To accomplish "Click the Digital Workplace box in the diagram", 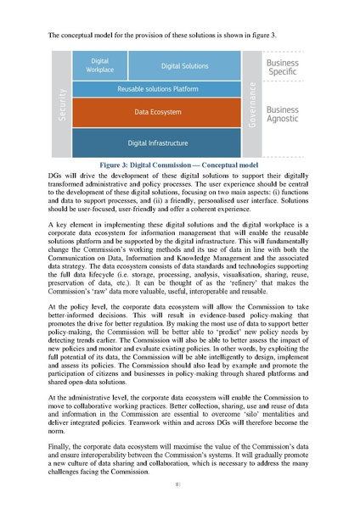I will (99, 65).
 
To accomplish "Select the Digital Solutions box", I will (184, 65).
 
